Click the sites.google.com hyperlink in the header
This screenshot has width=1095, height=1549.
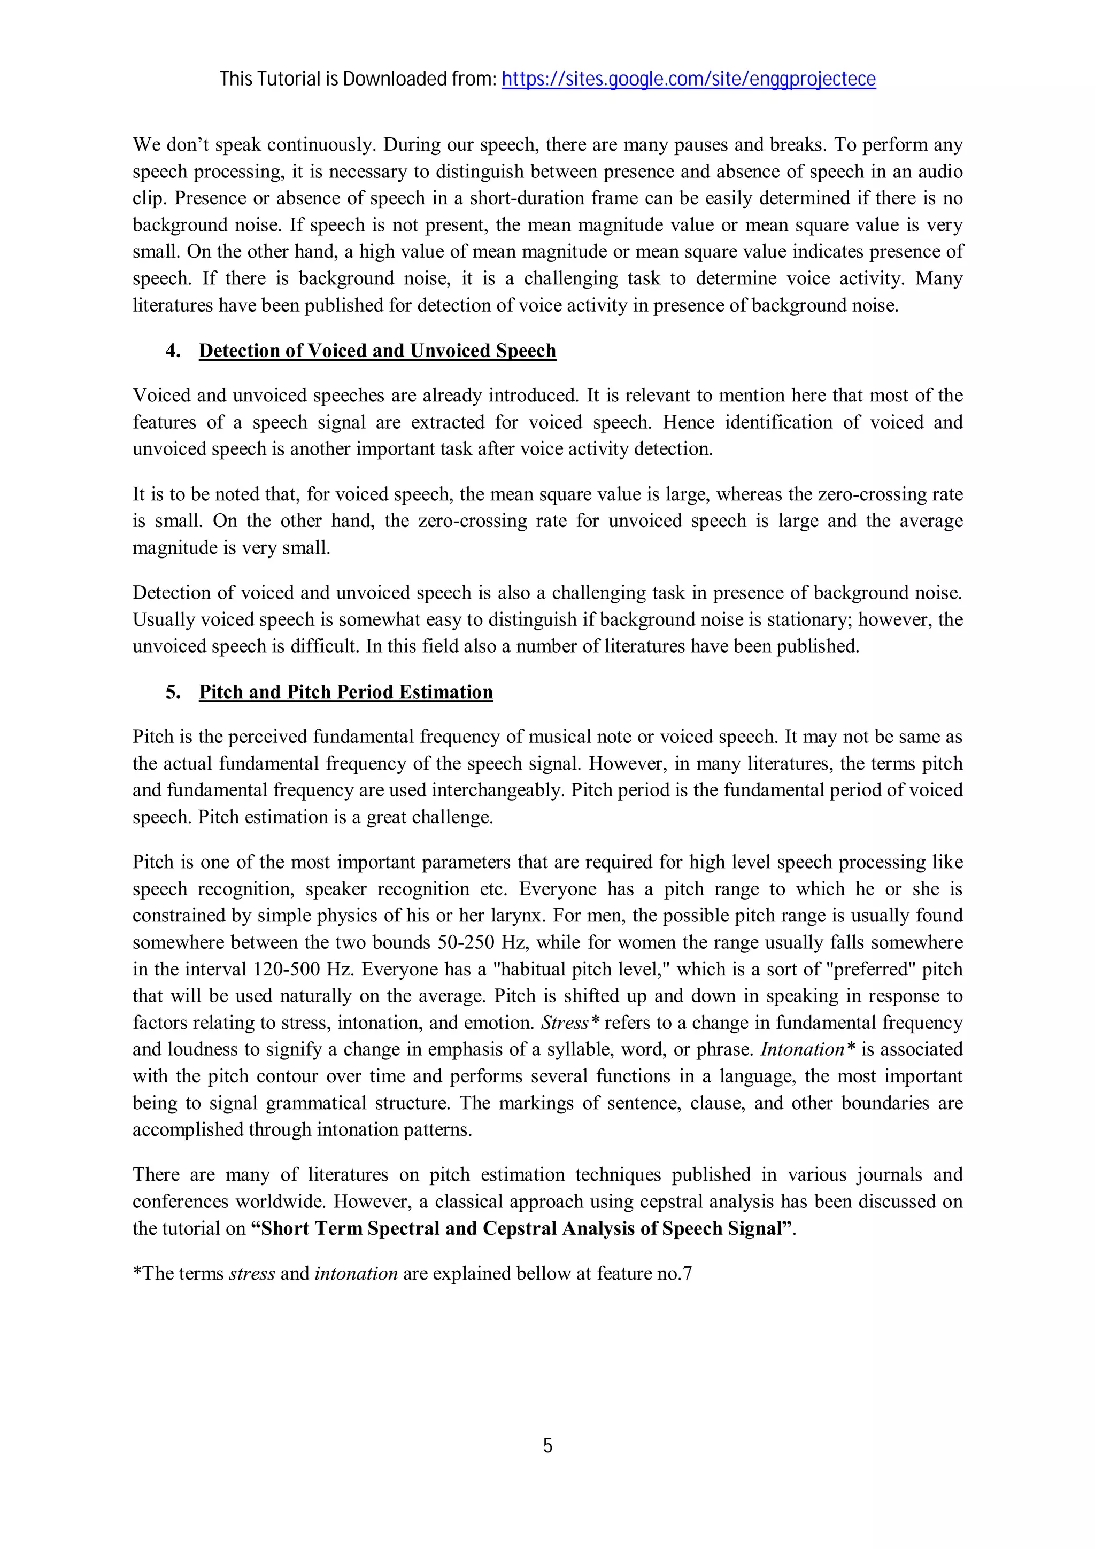click(x=688, y=80)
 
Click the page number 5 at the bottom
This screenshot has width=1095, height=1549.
click(x=547, y=1445)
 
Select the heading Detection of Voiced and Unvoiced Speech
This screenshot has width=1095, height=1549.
click(x=377, y=351)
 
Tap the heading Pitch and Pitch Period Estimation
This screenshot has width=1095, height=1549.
click(x=345, y=692)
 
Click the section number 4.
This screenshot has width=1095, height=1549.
click(x=173, y=351)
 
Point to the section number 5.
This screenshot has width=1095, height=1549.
click(x=173, y=692)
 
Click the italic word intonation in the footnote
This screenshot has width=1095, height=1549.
click(x=356, y=1274)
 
